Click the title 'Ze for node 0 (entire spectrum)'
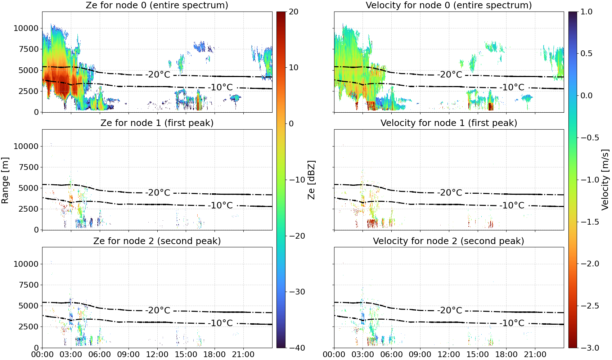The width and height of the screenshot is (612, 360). point(157,5)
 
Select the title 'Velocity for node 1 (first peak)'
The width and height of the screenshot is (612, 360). point(449,123)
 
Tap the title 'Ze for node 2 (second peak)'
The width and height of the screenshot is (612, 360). point(157,241)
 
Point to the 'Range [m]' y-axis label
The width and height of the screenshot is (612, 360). point(5,180)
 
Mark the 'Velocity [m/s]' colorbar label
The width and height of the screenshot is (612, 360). point(606,179)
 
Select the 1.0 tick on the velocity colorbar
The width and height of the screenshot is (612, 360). point(586,12)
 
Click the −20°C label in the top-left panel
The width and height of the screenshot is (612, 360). point(158,74)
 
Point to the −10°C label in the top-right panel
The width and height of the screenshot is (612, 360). point(512,87)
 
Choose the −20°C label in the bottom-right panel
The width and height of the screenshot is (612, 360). point(449,310)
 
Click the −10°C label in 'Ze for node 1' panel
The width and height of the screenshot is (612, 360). point(220,205)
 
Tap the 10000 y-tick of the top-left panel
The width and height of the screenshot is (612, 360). point(26,28)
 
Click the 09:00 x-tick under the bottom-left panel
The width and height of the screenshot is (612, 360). point(129,355)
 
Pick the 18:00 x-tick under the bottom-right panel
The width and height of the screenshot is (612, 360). point(506,355)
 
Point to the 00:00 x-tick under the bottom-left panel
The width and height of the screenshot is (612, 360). point(42,355)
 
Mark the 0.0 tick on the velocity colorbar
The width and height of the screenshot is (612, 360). point(586,96)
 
